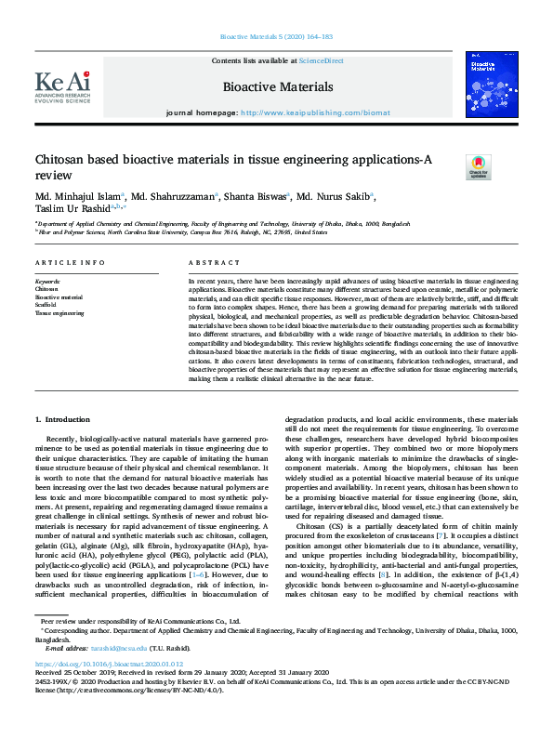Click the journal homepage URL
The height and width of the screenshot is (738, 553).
click(x=302, y=112)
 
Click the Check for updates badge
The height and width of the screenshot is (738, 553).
click(x=478, y=167)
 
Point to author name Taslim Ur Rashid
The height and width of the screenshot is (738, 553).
click(x=70, y=210)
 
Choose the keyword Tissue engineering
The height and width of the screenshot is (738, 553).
click(x=60, y=313)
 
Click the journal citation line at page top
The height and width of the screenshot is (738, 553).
click(x=276, y=37)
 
